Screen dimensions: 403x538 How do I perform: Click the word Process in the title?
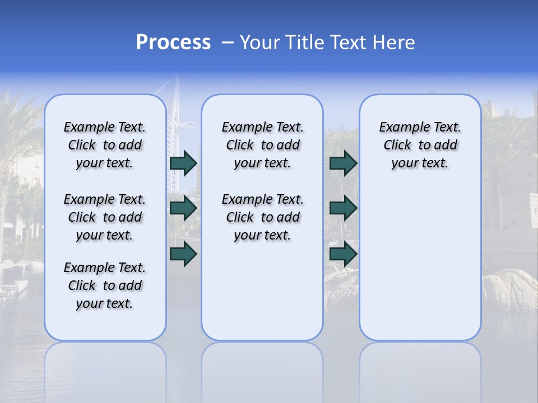tap(173, 43)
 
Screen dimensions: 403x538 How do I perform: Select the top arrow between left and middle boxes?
tap(183, 163)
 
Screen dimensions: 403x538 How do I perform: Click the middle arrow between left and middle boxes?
tap(183, 208)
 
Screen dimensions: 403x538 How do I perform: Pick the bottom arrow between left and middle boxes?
tap(183, 254)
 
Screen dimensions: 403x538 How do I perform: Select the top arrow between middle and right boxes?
tap(343, 163)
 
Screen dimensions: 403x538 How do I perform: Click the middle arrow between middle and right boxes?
tap(343, 208)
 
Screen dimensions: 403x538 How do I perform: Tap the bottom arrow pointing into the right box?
tap(343, 254)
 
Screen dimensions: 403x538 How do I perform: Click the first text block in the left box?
tap(105, 145)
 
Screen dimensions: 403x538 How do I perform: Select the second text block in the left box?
tap(105, 217)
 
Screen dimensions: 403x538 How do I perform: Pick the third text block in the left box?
tap(105, 285)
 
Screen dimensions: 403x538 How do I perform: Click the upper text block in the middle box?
tap(262, 145)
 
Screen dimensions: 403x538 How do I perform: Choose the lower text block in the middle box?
tap(262, 217)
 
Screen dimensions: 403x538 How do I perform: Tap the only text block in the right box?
tap(420, 145)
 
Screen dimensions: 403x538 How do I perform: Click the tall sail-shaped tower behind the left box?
tap(180, 112)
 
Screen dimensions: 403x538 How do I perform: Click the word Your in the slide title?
tap(259, 43)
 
